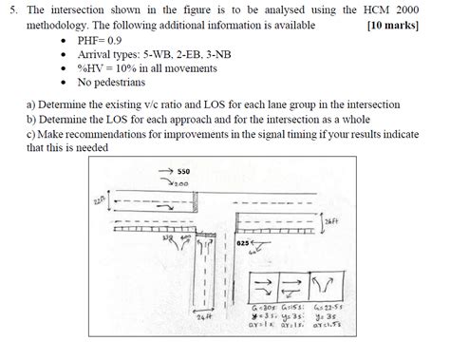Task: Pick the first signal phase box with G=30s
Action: click(x=266, y=286)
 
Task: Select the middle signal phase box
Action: click(x=296, y=286)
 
